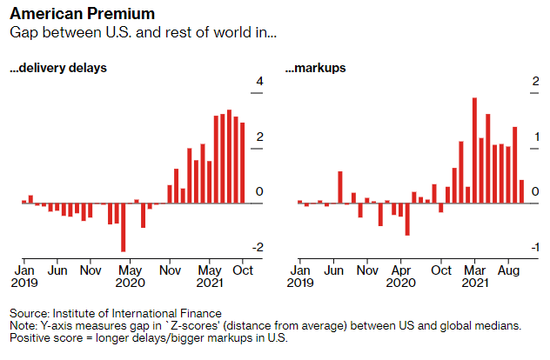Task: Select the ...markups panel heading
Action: pyautogui.click(x=315, y=68)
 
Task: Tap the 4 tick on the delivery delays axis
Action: pyautogui.click(x=258, y=83)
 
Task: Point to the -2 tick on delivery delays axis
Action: pyautogui.click(x=257, y=248)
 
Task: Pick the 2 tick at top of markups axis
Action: pyautogui.click(x=533, y=83)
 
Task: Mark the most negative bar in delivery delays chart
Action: pyautogui.click(x=124, y=227)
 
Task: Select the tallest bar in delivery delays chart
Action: pyautogui.click(x=230, y=157)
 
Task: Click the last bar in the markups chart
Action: pyautogui.click(x=522, y=191)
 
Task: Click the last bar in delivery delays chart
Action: pyautogui.click(x=243, y=163)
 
